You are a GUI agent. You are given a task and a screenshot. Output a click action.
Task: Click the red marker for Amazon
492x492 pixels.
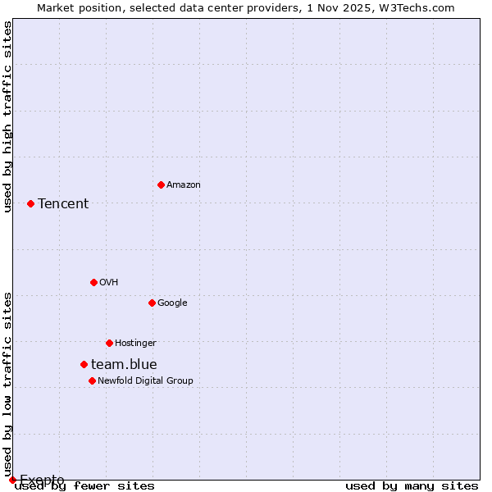coord(161,184)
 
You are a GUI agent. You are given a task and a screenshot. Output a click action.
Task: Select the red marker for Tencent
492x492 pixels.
coord(30,203)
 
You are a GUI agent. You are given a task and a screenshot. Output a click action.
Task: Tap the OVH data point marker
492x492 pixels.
coord(93,282)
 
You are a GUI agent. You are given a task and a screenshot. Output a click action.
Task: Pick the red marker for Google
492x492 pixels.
coord(152,303)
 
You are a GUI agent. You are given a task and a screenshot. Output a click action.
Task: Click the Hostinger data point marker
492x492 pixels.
coord(109,343)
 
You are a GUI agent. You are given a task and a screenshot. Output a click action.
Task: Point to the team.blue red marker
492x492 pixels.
coord(84,364)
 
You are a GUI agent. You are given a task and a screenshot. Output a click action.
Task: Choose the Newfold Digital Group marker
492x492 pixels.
coord(92,380)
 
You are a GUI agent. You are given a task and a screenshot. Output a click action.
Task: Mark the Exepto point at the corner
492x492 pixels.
coord(12,480)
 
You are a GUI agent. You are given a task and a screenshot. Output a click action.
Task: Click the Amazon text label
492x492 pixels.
coord(184,185)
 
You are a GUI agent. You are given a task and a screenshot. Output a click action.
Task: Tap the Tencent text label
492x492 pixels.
coord(63,204)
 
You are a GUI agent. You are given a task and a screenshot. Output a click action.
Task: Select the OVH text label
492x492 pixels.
coord(109,283)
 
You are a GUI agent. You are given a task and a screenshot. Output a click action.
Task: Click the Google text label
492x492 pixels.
coord(172,303)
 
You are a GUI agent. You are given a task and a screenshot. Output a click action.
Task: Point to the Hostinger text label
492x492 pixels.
coord(135,344)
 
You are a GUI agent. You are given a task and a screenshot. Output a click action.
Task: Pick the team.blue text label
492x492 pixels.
coord(124,365)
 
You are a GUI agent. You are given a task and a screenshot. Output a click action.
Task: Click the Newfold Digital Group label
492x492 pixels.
coord(145,381)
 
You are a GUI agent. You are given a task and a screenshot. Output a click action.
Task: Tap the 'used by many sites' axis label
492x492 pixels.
coord(412,486)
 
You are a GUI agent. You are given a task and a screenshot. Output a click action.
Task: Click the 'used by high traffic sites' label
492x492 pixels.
coord(7,116)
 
